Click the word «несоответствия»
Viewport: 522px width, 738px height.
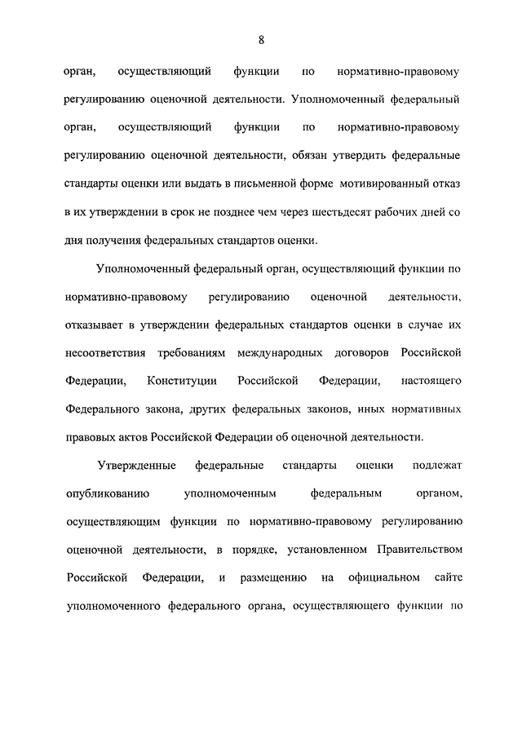tap(105, 352)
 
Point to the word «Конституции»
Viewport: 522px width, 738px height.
tap(182, 381)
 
